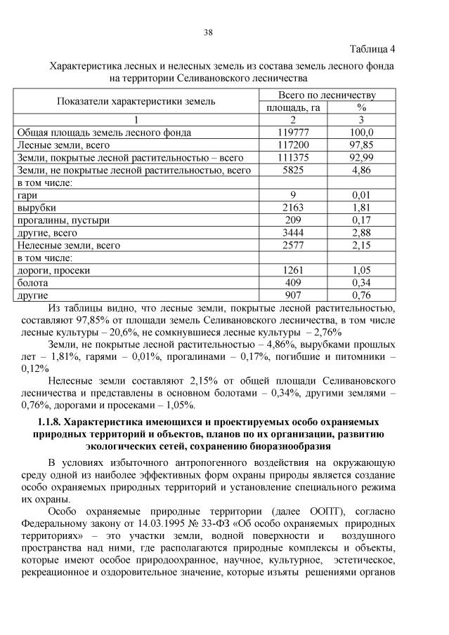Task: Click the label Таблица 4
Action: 372,49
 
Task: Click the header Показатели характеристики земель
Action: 136,101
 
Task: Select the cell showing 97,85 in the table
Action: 361,145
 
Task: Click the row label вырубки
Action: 36,208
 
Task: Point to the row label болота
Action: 32,283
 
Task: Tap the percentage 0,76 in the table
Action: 361,295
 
